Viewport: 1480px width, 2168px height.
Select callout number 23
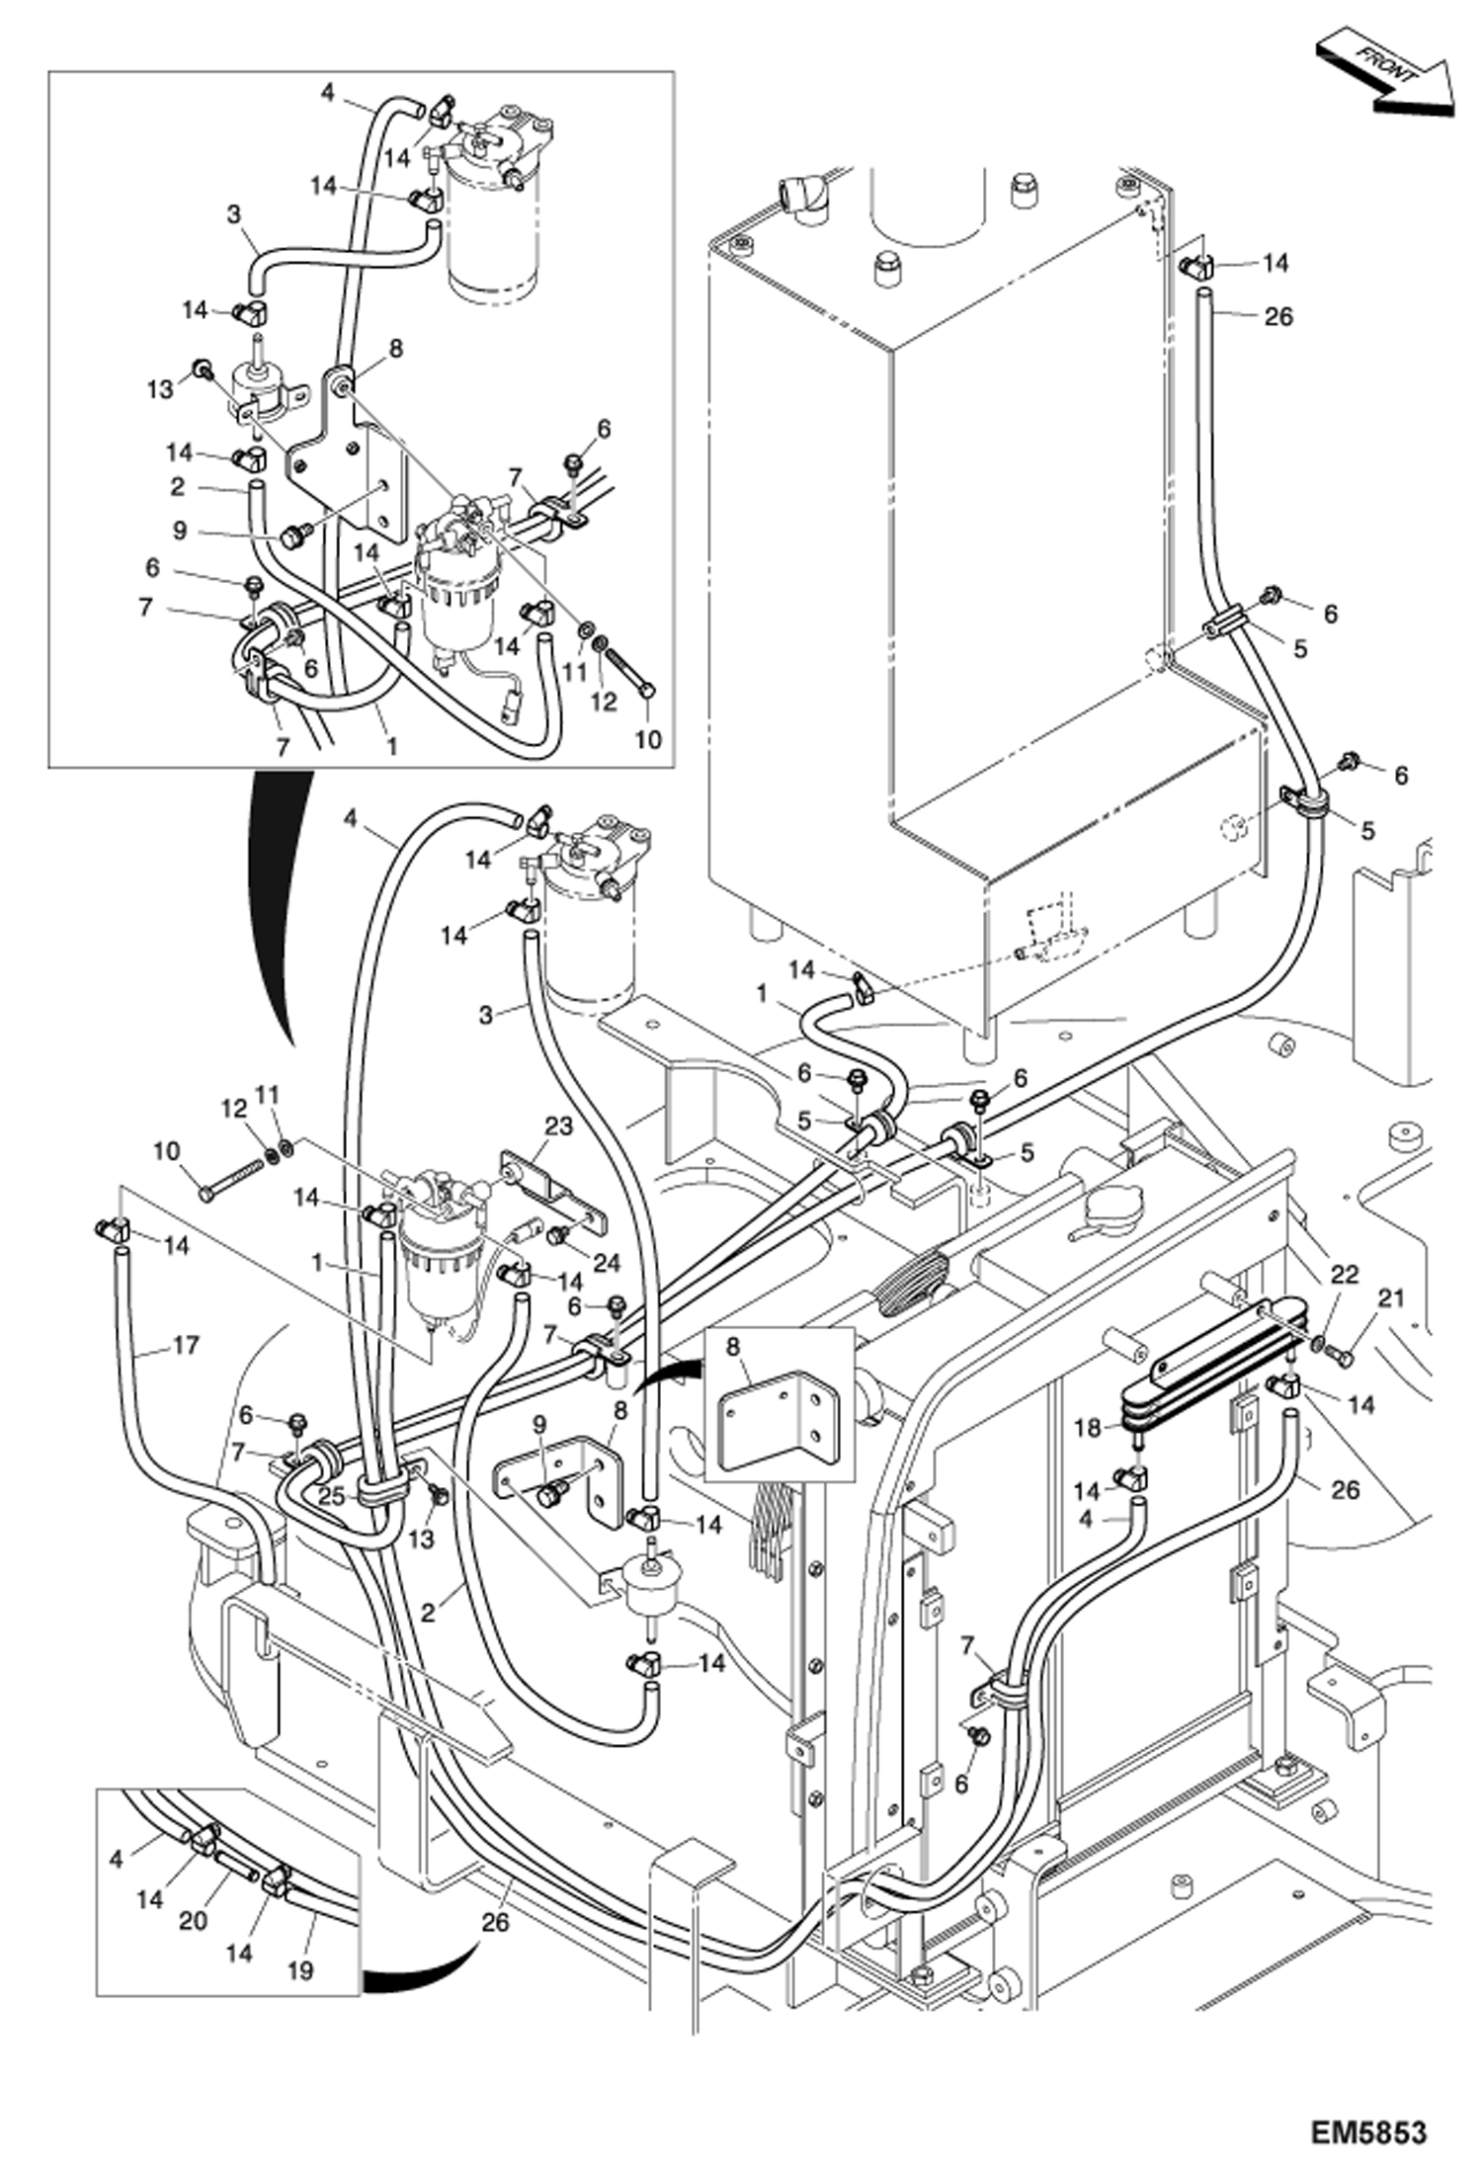[x=558, y=1127]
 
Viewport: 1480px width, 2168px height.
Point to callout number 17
[x=185, y=1345]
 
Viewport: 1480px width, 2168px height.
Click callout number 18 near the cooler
[x=1088, y=1429]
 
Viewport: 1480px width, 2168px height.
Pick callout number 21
[x=1390, y=1298]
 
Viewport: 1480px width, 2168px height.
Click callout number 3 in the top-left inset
[x=233, y=214]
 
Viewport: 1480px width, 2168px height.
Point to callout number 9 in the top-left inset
[x=180, y=531]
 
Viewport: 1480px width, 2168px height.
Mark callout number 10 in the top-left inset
[x=647, y=739]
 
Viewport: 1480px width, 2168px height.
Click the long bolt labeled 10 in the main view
[x=233, y=1179]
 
